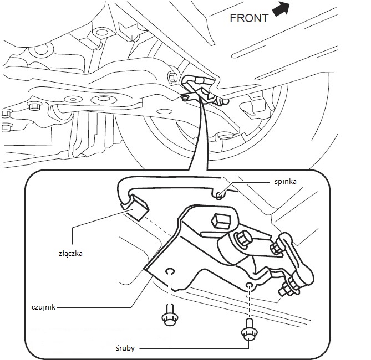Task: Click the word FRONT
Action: (x=249, y=18)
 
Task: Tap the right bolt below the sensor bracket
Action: (x=248, y=331)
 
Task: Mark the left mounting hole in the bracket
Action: (x=171, y=271)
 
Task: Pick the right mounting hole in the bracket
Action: (x=250, y=285)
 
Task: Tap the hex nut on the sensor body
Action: (x=243, y=239)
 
